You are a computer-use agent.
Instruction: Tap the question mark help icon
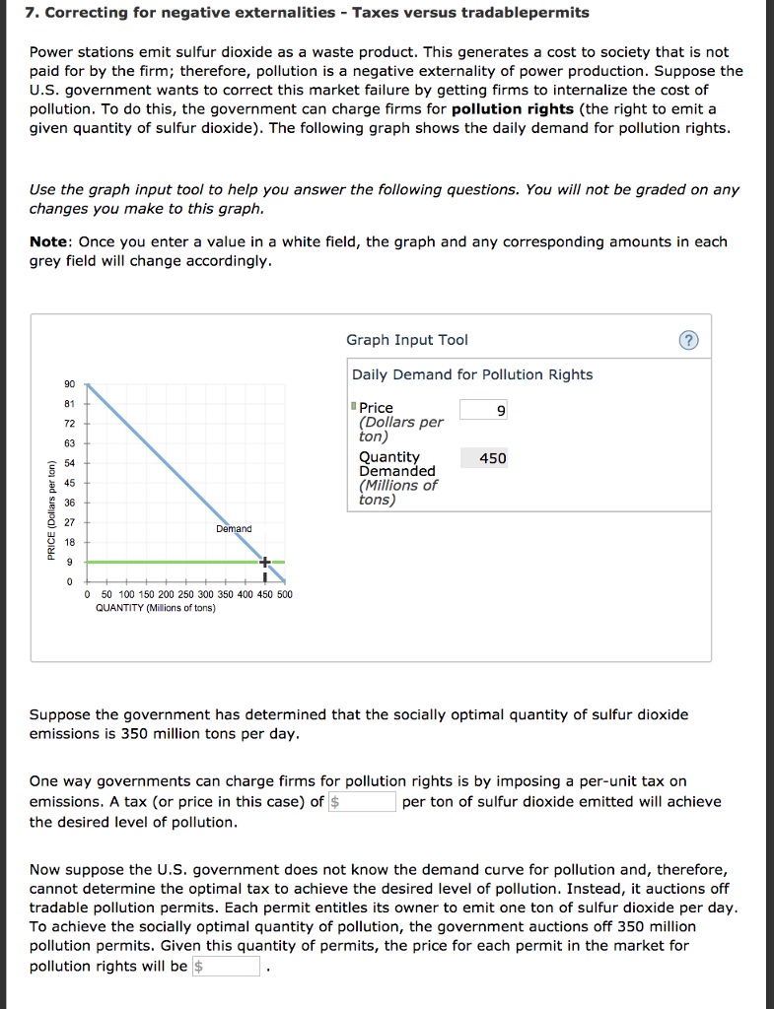(x=688, y=340)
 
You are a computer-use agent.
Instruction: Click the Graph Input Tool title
(x=406, y=340)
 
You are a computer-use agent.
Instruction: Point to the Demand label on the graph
(x=234, y=529)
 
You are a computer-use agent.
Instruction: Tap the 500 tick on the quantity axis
(x=284, y=594)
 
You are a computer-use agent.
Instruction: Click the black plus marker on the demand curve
(x=264, y=562)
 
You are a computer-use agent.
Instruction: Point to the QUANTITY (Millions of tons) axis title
(x=156, y=608)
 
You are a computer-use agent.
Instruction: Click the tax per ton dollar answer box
(x=362, y=801)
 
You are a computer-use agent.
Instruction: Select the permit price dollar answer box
(x=226, y=966)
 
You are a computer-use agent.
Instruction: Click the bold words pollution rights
(x=512, y=108)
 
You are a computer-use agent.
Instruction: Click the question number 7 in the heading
(x=34, y=13)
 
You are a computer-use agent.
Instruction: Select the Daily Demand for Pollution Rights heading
(x=472, y=374)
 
